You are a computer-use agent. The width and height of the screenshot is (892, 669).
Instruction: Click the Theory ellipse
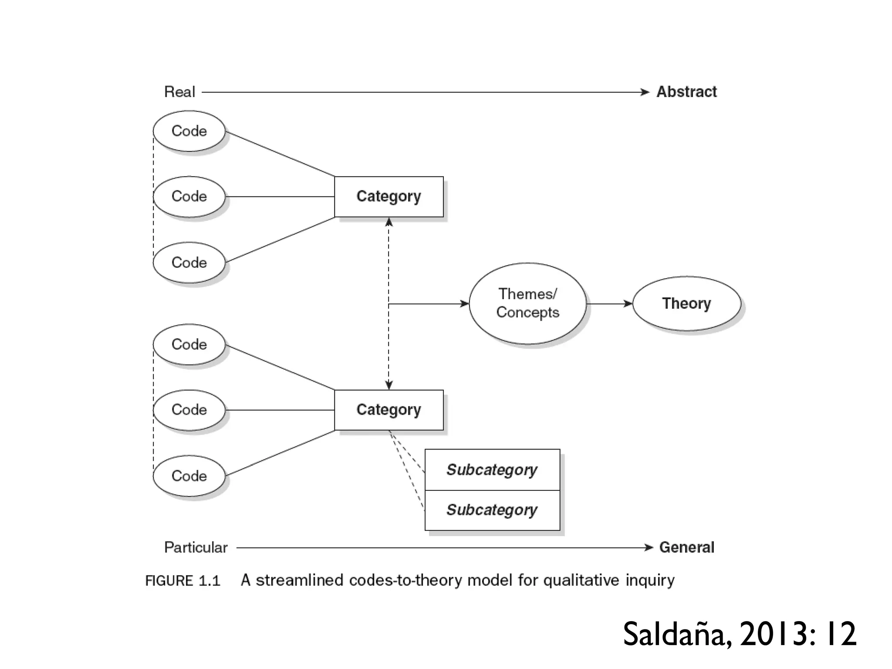[686, 304]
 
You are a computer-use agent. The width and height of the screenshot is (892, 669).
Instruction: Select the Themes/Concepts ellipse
[527, 304]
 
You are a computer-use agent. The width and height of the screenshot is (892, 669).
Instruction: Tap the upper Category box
[389, 196]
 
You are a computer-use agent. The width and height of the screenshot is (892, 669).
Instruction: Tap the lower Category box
[389, 410]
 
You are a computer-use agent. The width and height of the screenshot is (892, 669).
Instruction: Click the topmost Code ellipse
[189, 131]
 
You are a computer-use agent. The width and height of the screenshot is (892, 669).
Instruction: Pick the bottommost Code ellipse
[189, 476]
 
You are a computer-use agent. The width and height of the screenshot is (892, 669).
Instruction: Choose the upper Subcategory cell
[492, 470]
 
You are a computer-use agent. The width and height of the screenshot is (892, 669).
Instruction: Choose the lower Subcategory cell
[492, 510]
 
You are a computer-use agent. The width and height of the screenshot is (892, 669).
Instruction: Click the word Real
[179, 92]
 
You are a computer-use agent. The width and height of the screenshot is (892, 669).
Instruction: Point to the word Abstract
[686, 92]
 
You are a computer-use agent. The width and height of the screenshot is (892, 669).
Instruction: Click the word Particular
[196, 547]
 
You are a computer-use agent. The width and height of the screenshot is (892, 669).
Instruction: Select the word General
[686, 547]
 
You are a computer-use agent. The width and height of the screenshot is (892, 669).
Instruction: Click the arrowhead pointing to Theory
[628, 304]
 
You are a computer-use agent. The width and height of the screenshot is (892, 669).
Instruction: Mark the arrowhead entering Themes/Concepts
[464, 304]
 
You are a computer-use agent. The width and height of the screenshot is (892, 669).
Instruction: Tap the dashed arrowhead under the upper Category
[389, 223]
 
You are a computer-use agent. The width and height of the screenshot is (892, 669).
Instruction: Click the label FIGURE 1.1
[183, 581]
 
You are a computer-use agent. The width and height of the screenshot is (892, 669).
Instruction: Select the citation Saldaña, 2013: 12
[740, 634]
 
